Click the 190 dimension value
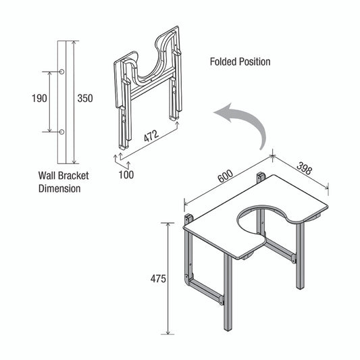point(39,99)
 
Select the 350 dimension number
point(84,99)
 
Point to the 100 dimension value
point(126,174)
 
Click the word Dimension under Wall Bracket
point(59,189)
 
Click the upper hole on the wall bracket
point(61,72)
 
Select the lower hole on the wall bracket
point(61,131)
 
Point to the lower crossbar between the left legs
point(205,289)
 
